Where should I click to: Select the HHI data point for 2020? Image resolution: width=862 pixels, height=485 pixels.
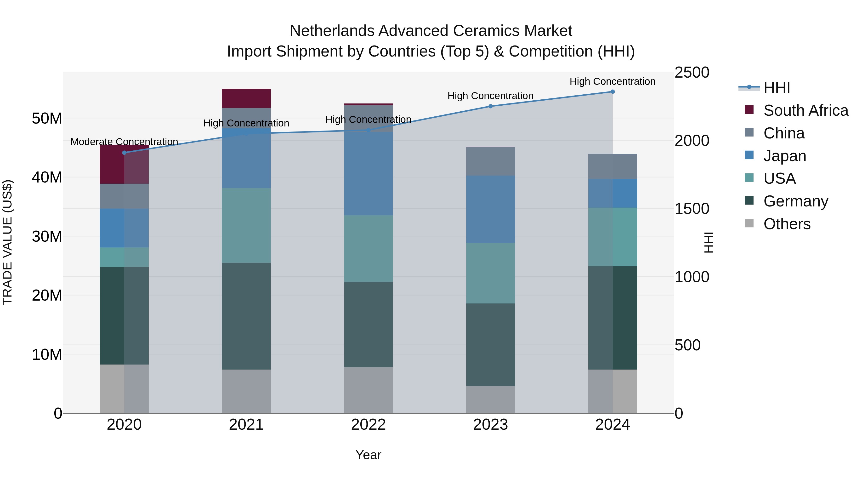point(124,153)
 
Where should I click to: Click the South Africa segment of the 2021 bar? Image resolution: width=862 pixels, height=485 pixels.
point(246,98)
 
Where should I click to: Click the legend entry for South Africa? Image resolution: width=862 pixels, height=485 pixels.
point(805,110)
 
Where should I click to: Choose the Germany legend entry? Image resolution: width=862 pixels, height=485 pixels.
point(795,201)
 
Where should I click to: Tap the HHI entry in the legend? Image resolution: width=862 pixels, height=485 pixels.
point(776,88)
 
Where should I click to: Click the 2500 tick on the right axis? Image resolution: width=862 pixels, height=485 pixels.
point(691,73)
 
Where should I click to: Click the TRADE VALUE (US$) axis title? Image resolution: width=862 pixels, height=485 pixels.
point(7,242)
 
